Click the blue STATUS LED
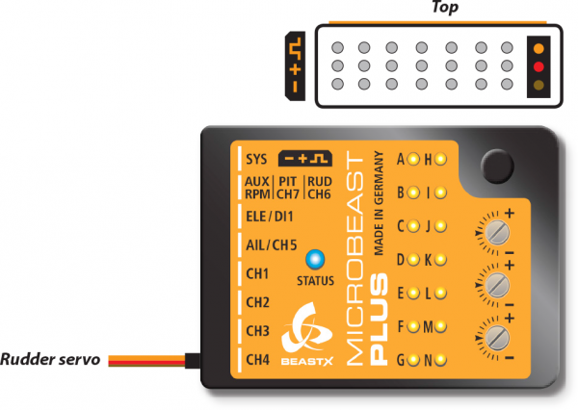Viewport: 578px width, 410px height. (313, 259)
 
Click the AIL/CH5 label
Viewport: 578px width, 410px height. (270, 243)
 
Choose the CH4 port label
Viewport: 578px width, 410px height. (257, 360)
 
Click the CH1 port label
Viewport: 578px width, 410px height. (257, 273)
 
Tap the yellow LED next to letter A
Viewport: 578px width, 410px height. (412, 159)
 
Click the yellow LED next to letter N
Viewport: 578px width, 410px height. (439, 361)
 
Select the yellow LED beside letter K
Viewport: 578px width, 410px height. (439, 260)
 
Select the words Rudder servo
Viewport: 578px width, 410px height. (51, 361)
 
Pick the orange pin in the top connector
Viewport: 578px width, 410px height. (539, 47)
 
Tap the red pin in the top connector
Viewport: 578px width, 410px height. (539, 66)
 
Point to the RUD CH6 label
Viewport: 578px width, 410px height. (320, 187)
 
